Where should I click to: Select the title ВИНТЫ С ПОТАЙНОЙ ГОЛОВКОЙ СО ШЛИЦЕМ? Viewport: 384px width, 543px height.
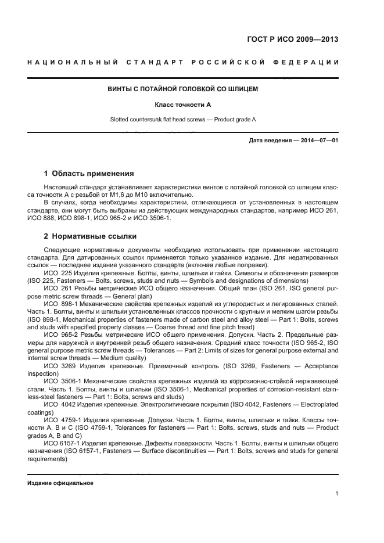[x=183, y=89]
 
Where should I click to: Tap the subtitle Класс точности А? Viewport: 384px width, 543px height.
[x=182, y=105]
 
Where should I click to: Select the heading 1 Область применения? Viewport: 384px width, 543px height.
[x=89, y=173]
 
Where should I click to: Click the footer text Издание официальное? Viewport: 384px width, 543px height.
[x=60, y=483]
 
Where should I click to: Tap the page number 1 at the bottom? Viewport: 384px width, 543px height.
[x=337, y=494]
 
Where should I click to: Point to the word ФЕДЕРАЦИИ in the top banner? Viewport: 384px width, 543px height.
[x=306, y=62]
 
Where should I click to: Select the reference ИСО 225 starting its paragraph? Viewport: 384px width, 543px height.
[x=56, y=272]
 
